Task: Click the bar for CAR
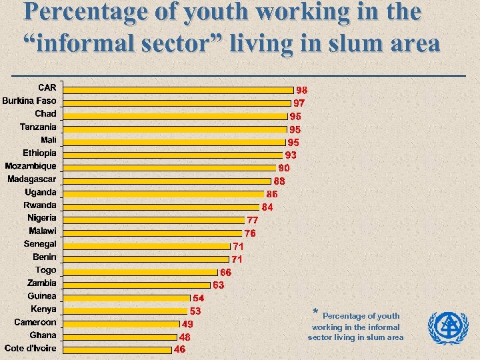click(178, 89)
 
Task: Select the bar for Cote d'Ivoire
click(117, 349)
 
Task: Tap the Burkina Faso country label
click(29, 101)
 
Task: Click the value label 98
click(302, 90)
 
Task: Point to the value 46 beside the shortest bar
click(180, 349)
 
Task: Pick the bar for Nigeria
click(154, 219)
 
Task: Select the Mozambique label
click(31, 166)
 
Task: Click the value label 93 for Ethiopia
click(291, 155)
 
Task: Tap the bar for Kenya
click(125, 311)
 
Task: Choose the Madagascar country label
click(32, 179)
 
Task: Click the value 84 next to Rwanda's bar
click(267, 207)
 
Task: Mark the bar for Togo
click(141, 272)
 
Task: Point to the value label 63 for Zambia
click(219, 285)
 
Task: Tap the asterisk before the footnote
click(315, 312)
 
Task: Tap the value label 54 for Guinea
click(199, 298)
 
